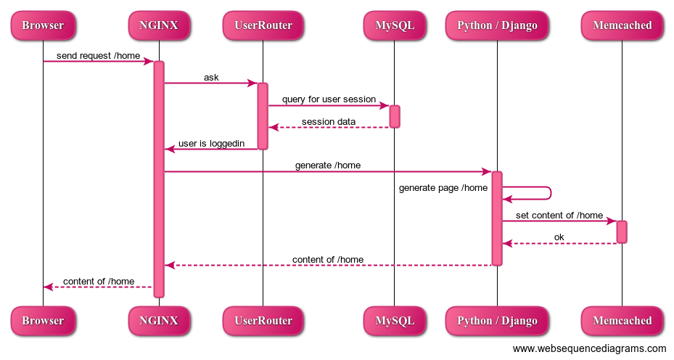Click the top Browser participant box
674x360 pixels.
[43, 25]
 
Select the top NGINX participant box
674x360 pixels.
[159, 25]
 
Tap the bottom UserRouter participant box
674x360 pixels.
[263, 320]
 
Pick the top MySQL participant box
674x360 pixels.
[395, 25]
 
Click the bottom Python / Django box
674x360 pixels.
[497, 320]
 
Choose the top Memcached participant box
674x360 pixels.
[622, 25]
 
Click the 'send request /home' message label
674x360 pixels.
[98, 55]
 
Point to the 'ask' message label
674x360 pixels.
[211, 77]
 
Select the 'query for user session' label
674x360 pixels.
[329, 99]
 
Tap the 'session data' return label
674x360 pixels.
[329, 121]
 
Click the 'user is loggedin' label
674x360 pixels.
[211, 143]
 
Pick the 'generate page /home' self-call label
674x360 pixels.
[443, 188]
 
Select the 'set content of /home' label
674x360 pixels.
[559, 215]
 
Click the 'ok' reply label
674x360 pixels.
[559, 237]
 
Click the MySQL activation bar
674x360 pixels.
[395, 116]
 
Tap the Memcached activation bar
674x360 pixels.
[622, 232]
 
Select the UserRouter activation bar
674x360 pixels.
[263, 116]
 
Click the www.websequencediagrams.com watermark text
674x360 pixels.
[589, 349]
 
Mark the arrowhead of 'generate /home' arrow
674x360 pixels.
[488, 171]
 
